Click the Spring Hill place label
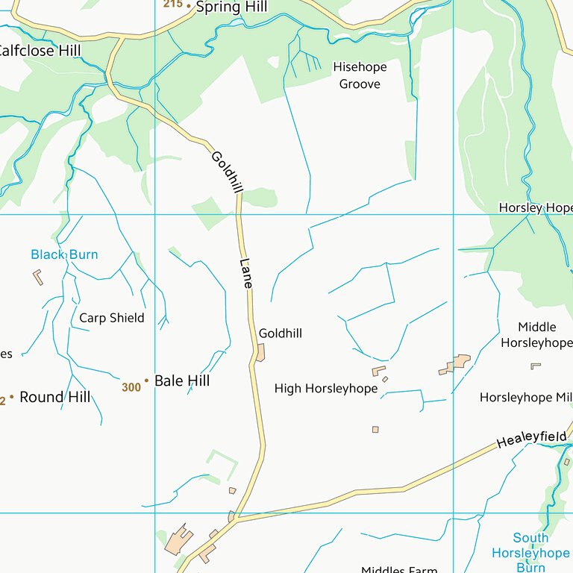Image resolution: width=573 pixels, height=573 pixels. pyautogui.click(x=231, y=7)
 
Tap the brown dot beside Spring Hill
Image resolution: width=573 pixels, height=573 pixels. pyautogui.click(x=189, y=7)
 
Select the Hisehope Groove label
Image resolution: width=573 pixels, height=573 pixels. pyautogui.click(x=360, y=75)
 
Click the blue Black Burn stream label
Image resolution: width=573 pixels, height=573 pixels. pyautogui.click(x=64, y=254)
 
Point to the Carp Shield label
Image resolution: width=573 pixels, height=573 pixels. pyautogui.click(x=112, y=318)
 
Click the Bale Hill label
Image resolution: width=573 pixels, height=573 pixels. pyautogui.click(x=182, y=381)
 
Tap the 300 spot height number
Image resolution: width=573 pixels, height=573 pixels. pyautogui.click(x=131, y=387)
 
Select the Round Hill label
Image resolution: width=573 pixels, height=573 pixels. pyautogui.click(x=55, y=397)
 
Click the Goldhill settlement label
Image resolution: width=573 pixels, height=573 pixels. pyautogui.click(x=281, y=334)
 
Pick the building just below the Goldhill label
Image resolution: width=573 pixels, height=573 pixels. pyautogui.click(x=260, y=352)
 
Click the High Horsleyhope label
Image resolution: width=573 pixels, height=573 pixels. pyautogui.click(x=326, y=388)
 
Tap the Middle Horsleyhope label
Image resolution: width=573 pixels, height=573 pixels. pyautogui.click(x=536, y=335)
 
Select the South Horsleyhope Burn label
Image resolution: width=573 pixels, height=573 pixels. pyautogui.click(x=530, y=552)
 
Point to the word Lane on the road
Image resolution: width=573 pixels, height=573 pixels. pyautogui.click(x=247, y=274)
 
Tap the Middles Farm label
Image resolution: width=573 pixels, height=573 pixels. pyautogui.click(x=399, y=569)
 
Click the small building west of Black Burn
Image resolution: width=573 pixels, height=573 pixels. pyautogui.click(x=38, y=277)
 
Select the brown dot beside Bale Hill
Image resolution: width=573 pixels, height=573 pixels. pyautogui.click(x=147, y=381)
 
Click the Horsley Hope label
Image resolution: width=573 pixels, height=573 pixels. pyautogui.click(x=535, y=207)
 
